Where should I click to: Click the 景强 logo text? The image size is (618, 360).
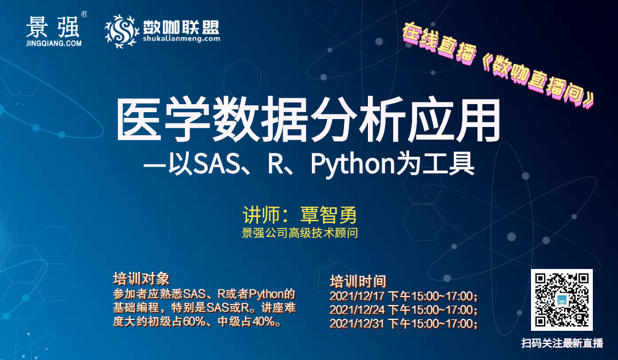(x=53, y=27)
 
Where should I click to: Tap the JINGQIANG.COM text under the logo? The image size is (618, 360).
(x=54, y=43)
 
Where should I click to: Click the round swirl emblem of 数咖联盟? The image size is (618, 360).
(x=122, y=31)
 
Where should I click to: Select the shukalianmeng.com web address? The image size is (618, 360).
(x=181, y=39)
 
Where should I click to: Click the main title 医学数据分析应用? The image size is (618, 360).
(x=308, y=120)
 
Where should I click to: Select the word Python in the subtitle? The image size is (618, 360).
(x=352, y=164)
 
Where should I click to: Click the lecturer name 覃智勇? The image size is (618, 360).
(x=328, y=215)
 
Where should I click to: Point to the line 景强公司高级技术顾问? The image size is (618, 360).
(x=299, y=233)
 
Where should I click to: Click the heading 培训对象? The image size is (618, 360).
(x=141, y=278)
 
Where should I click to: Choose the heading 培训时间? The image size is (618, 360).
(x=358, y=282)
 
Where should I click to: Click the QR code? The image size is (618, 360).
(x=562, y=300)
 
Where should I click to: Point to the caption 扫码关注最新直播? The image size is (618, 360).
(x=562, y=343)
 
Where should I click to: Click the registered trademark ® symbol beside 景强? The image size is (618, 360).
(x=84, y=14)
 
